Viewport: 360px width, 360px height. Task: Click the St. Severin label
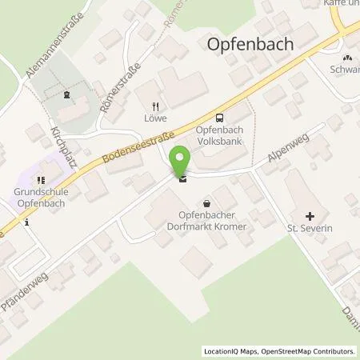click(310, 230)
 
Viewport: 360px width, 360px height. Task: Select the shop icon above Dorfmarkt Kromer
click(208, 203)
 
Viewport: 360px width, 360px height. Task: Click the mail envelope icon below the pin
click(183, 179)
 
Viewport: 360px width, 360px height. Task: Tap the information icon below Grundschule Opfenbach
click(26, 223)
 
